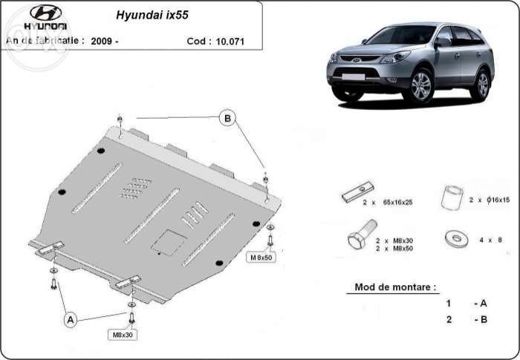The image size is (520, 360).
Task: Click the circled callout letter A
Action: (71, 320)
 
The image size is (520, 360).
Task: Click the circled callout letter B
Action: (228, 117)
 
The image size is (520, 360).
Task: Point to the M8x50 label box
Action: (261, 258)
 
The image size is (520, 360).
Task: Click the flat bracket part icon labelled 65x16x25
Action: (353, 195)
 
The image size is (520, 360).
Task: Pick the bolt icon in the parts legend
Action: (357, 240)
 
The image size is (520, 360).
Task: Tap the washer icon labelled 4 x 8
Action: (452, 238)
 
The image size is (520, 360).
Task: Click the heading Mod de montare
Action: (395, 287)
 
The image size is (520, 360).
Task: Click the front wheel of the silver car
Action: (421, 87)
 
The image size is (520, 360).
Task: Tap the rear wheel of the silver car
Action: (482, 85)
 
